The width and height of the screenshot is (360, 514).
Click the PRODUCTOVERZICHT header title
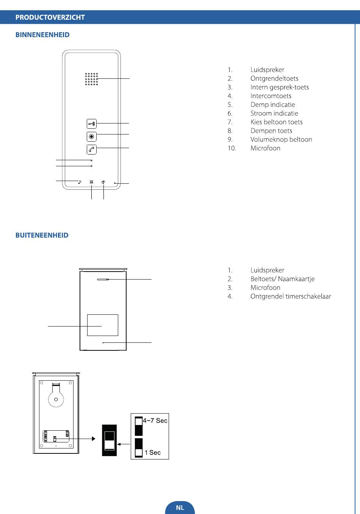coord(50,17)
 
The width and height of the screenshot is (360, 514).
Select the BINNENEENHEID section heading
coord(42,35)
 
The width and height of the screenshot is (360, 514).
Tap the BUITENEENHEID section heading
coord(42,235)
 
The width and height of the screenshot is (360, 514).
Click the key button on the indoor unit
coord(91,123)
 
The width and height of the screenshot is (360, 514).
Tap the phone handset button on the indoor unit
coord(91,149)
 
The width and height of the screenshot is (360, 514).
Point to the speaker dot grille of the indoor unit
coord(91,79)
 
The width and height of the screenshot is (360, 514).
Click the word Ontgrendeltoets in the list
coord(274,78)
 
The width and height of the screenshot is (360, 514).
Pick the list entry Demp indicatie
coord(272,105)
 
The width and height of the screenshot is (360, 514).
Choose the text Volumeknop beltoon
coord(281,139)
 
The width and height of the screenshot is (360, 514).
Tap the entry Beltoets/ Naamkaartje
coord(282,279)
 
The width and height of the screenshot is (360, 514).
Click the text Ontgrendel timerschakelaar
coord(291,296)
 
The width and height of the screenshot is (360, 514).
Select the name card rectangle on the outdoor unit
coord(102,325)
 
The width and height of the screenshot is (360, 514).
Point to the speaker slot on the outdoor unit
coord(103,280)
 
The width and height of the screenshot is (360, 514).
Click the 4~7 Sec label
coord(155,421)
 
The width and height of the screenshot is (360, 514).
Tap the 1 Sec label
coord(152,453)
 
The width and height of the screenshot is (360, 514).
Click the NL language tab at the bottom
coord(180,508)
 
